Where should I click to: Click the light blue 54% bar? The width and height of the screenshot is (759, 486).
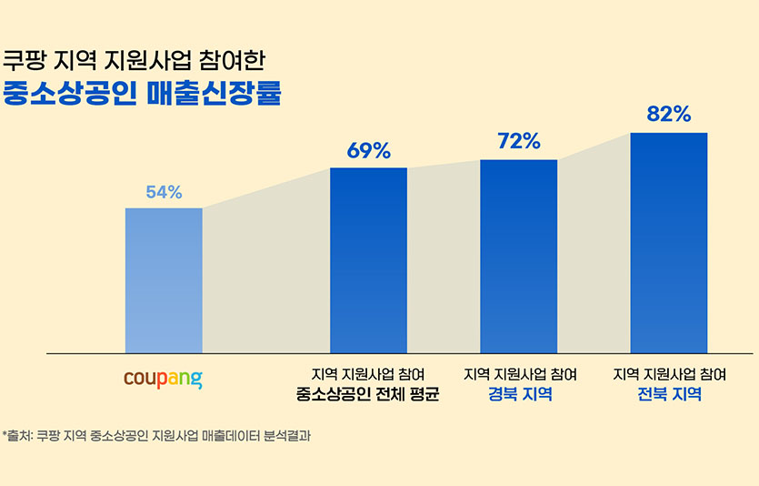pyautogui.click(x=164, y=280)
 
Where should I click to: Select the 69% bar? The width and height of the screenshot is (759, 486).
pyautogui.click(x=368, y=260)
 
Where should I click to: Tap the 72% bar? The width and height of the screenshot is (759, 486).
pyautogui.click(x=518, y=256)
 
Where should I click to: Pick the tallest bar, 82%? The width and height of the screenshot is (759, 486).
pyautogui.click(x=668, y=242)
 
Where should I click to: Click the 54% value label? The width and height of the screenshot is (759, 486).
pyautogui.click(x=164, y=192)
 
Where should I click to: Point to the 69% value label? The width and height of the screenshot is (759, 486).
pyautogui.click(x=368, y=151)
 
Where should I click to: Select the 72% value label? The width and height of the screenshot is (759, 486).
pyautogui.click(x=519, y=142)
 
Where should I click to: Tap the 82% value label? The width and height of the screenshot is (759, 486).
pyautogui.click(x=669, y=115)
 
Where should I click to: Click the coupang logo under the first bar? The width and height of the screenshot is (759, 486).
pyautogui.click(x=163, y=378)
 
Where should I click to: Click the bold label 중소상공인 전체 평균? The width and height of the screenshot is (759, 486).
pyautogui.click(x=368, y=395)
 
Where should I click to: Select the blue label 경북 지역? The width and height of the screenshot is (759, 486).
pyautogui.click(x=519, y=395)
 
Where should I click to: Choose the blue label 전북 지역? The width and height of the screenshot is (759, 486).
pyautogui.click(x=669, y=395)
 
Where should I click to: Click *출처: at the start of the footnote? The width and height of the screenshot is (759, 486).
pyautogui.click(x=17, y=435)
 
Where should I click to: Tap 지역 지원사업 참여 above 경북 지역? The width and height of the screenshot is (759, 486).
pyautogui.click(x=519, y=374)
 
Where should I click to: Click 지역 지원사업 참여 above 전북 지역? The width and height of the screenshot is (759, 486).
pyautogui.click(x=669, y=374)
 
